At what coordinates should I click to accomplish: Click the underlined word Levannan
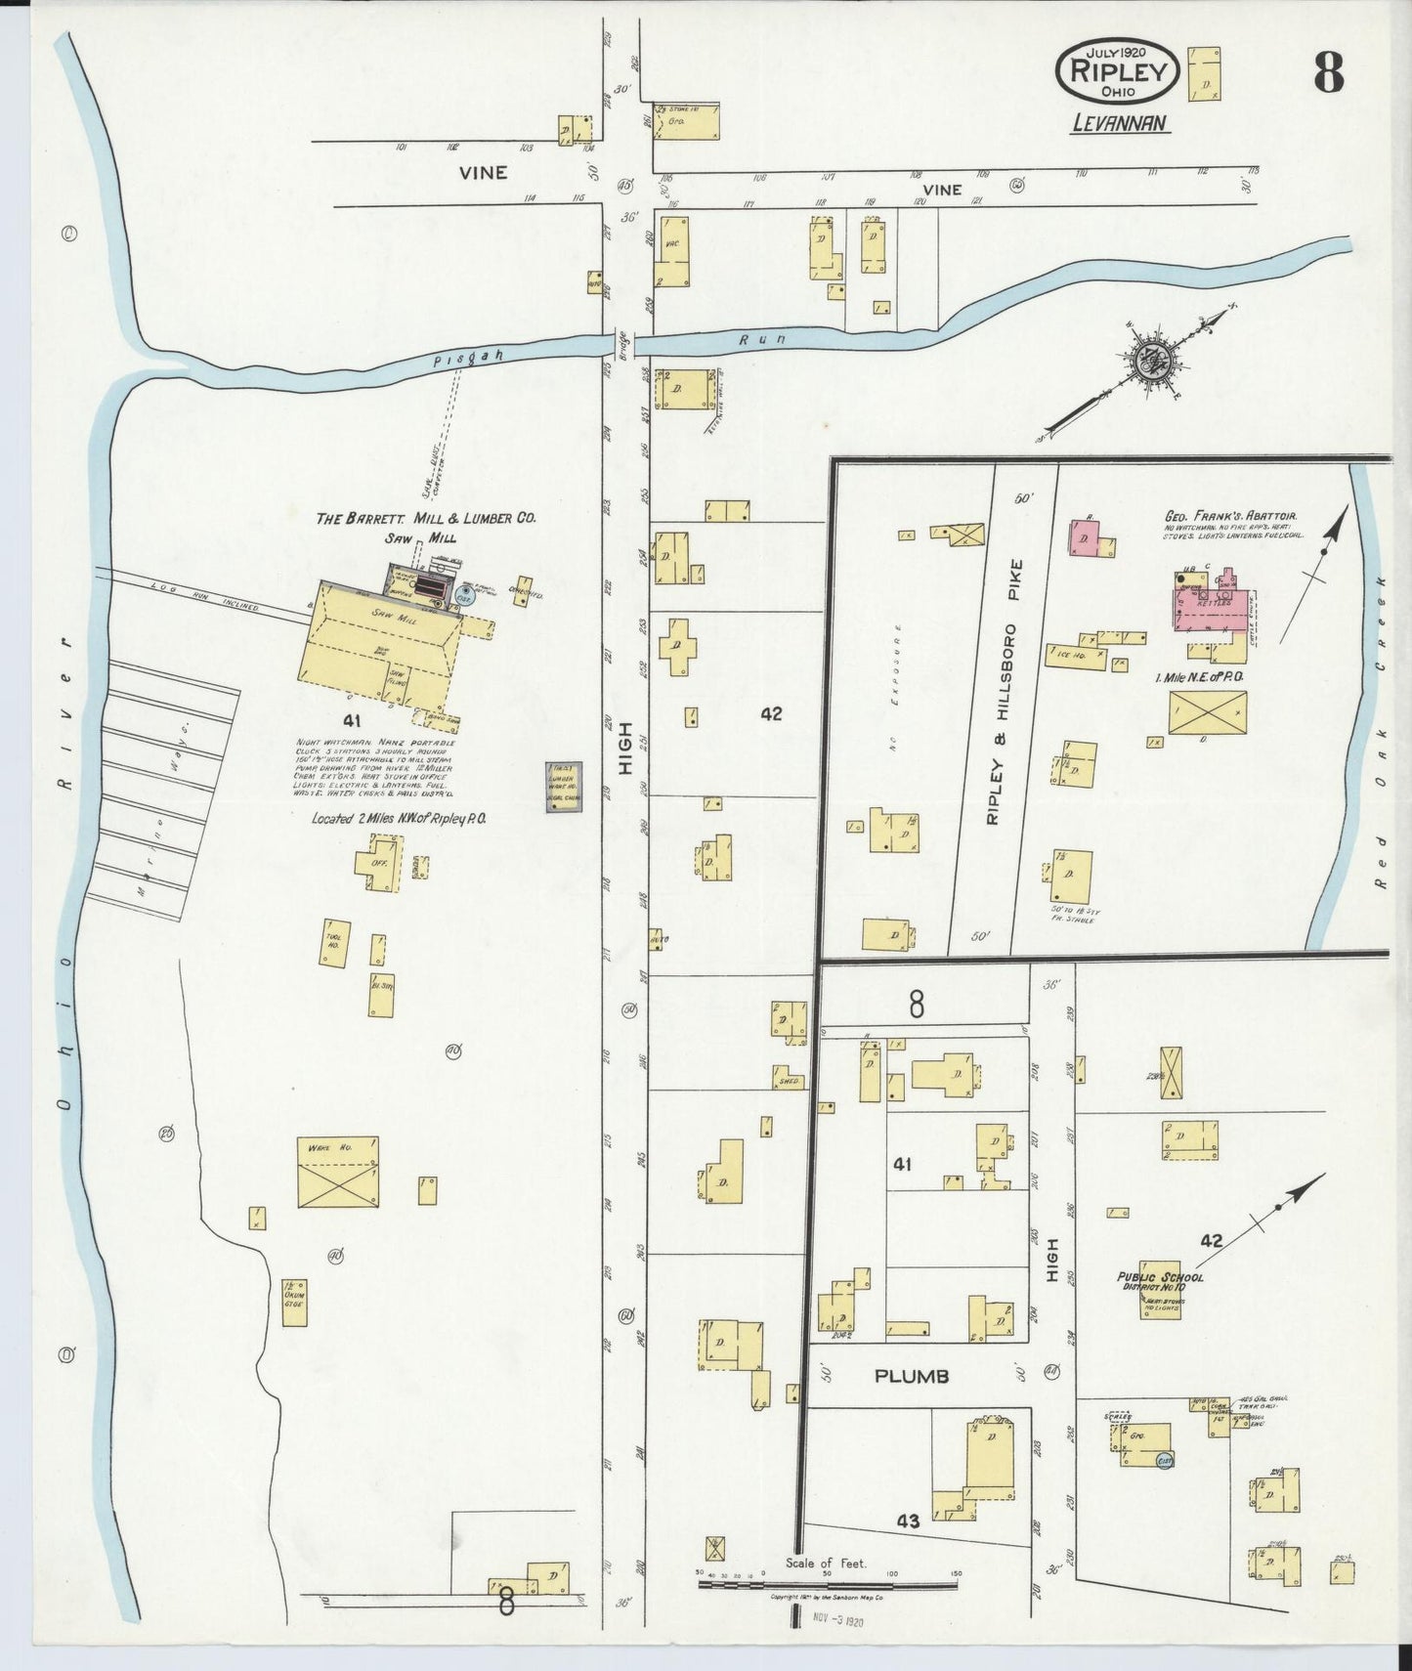pos(1119,123)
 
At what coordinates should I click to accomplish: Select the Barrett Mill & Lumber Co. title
pos(425,519)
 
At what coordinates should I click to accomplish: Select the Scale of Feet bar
pos(828,1584)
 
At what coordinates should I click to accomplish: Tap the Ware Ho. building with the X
pos(338,1172)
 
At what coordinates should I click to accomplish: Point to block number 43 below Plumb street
pos(908,1521)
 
